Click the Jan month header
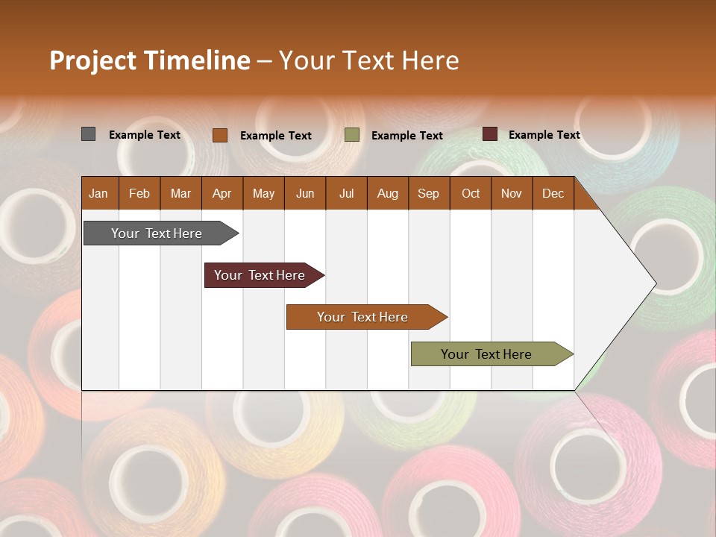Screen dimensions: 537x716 pos(99,193)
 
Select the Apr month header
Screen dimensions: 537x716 pos(222,193)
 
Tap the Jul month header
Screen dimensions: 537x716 pos(346,193)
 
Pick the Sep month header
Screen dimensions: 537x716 pos(429,193)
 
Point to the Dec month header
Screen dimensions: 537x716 pos(553,193)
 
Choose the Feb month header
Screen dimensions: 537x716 pos(139,193)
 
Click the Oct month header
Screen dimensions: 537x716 pos(471,193)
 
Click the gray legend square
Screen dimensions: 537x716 pos(89,134)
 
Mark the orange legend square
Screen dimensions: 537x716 pos(220,135)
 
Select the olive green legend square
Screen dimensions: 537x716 pos(352,135)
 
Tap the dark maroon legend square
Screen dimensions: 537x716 pos(490,134)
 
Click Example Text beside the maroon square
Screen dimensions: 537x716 pos(544,135)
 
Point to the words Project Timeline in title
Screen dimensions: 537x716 pos(150,60)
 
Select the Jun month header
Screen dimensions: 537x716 pos(305,193)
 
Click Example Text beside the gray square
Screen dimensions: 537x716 pos(145,135)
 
